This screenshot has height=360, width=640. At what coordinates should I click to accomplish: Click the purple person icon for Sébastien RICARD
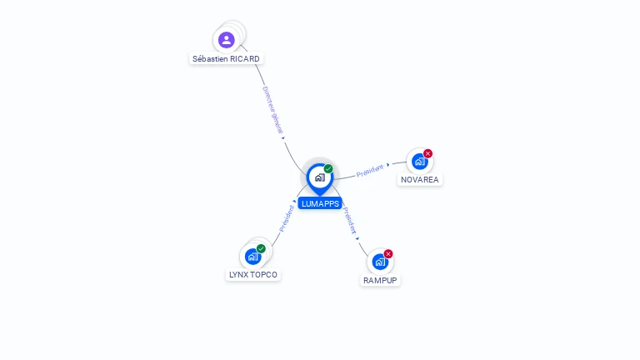coord(226,40)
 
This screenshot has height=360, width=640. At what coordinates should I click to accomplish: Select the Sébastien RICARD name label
coord(226,59)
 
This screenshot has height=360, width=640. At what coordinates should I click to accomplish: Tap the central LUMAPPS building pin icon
coord(319,177)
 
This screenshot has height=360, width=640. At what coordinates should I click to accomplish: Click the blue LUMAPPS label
coord(320,203)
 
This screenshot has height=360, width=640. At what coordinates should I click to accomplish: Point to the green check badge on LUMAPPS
coord(328,168)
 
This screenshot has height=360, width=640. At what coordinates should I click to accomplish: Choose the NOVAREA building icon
coord(419,162)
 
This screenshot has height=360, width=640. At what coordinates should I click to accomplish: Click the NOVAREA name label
coord(419,179)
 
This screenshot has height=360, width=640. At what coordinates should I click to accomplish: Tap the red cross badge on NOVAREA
coord(428,153)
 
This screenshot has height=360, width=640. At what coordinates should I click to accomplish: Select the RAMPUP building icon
coord(380,262)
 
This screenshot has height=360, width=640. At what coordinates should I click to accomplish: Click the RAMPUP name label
coord(380,280)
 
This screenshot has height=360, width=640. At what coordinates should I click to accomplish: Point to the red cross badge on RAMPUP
coord(388,253)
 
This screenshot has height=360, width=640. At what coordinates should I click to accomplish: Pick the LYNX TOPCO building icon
coord(252,257)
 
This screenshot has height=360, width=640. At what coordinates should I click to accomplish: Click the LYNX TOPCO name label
coord(253,274)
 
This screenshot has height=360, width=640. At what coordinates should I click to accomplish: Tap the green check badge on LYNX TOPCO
coord(261,248)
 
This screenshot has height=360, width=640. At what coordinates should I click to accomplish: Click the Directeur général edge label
coord(272,110)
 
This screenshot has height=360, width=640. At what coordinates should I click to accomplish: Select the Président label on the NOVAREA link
coord(371,170)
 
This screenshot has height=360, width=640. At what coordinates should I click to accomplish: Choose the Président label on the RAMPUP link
coord(351,220)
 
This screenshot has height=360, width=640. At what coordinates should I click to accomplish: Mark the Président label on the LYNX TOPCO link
coord(287,217)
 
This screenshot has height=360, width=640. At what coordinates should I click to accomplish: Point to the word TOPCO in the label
coord(264,274)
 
